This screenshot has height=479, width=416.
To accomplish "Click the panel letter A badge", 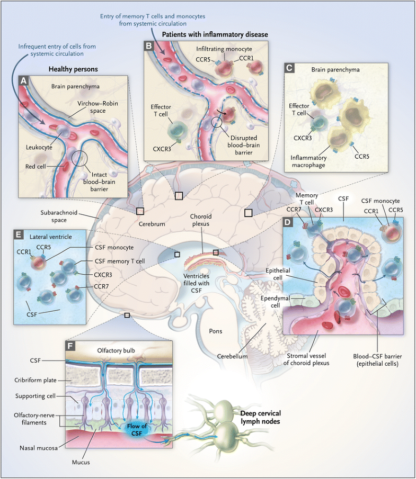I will [x=23, y=81].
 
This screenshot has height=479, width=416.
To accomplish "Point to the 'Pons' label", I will [x=215, y=331].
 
